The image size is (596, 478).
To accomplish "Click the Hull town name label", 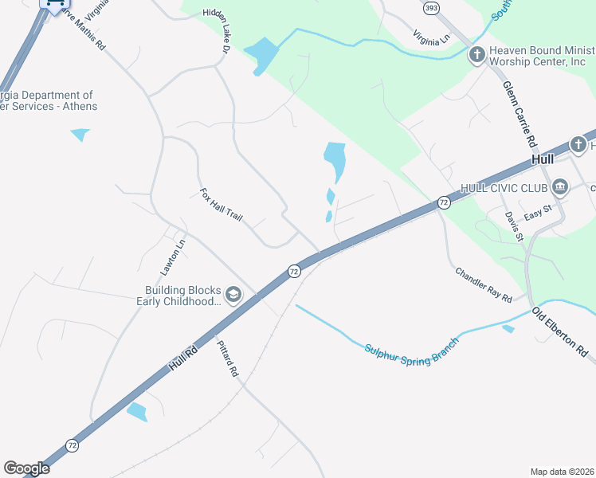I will tap(542, 160).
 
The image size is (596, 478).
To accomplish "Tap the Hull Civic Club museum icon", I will tap(560, 188).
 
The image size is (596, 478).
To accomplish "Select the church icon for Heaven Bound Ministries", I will tap(476, 55).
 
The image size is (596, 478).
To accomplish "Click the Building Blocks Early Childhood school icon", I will tap(233, 296).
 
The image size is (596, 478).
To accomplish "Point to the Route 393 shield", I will tap(431, 9).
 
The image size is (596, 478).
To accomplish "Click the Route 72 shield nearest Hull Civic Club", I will tap(444, 204).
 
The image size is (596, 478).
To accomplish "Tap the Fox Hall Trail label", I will tap(221, 206).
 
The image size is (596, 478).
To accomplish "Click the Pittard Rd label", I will tap(228, 358).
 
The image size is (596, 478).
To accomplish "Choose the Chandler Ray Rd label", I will tap(483, 284).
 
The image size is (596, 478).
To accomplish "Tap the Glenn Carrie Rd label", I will tap(520, 115).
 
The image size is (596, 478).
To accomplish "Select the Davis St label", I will tap(512, 225).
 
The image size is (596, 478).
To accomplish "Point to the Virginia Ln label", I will tap(431, 37).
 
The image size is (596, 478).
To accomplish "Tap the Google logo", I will tap(26, 468).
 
